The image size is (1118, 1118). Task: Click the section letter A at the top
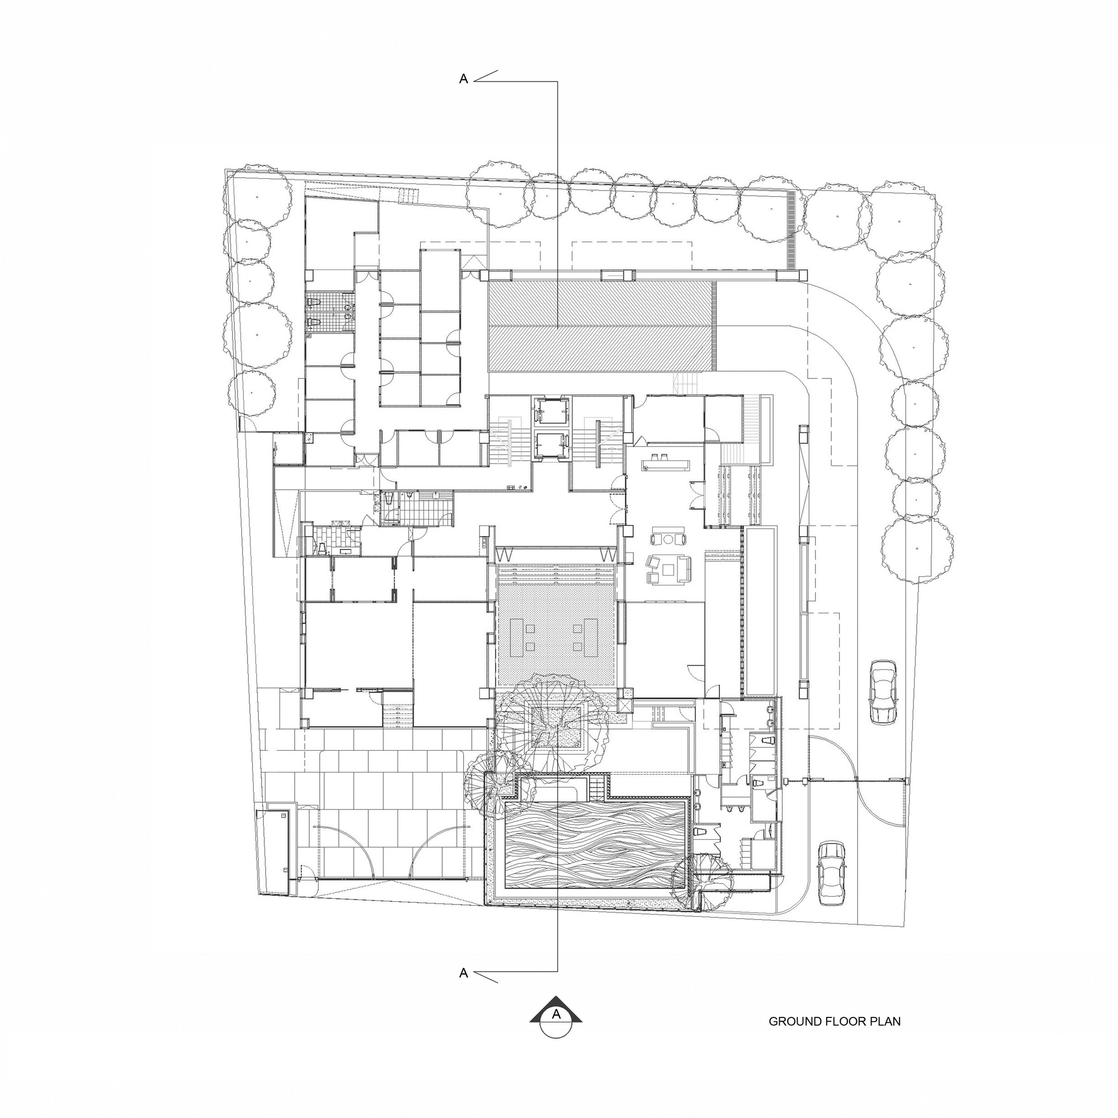click(463, 80)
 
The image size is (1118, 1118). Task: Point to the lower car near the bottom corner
click(832, 874)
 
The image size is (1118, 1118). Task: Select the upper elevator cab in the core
click(547, 412)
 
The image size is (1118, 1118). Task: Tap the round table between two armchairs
click(669, 539)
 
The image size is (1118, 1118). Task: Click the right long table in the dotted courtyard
click(591, 637)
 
